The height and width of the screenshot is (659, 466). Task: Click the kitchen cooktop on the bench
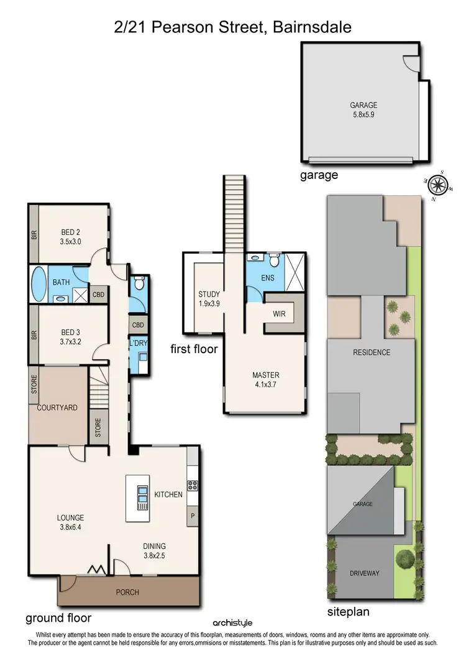[192, 484]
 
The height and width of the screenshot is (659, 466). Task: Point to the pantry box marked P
[192, 515]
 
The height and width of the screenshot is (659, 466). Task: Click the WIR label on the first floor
[279, 314]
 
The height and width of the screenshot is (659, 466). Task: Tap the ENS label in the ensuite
[268, 278]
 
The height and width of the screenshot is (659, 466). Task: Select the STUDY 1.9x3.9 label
[209, 299]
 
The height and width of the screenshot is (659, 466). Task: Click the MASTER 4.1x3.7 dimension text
[265, 385]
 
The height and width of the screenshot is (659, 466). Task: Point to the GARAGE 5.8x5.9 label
[363, 110]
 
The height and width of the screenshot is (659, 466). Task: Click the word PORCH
[127, 592]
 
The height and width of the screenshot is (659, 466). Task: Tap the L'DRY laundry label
[139, 344]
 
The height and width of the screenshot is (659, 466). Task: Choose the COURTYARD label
[57, 408]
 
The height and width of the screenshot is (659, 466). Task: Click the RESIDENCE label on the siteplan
[372, 353]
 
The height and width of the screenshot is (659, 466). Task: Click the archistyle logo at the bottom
[232, 622]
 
